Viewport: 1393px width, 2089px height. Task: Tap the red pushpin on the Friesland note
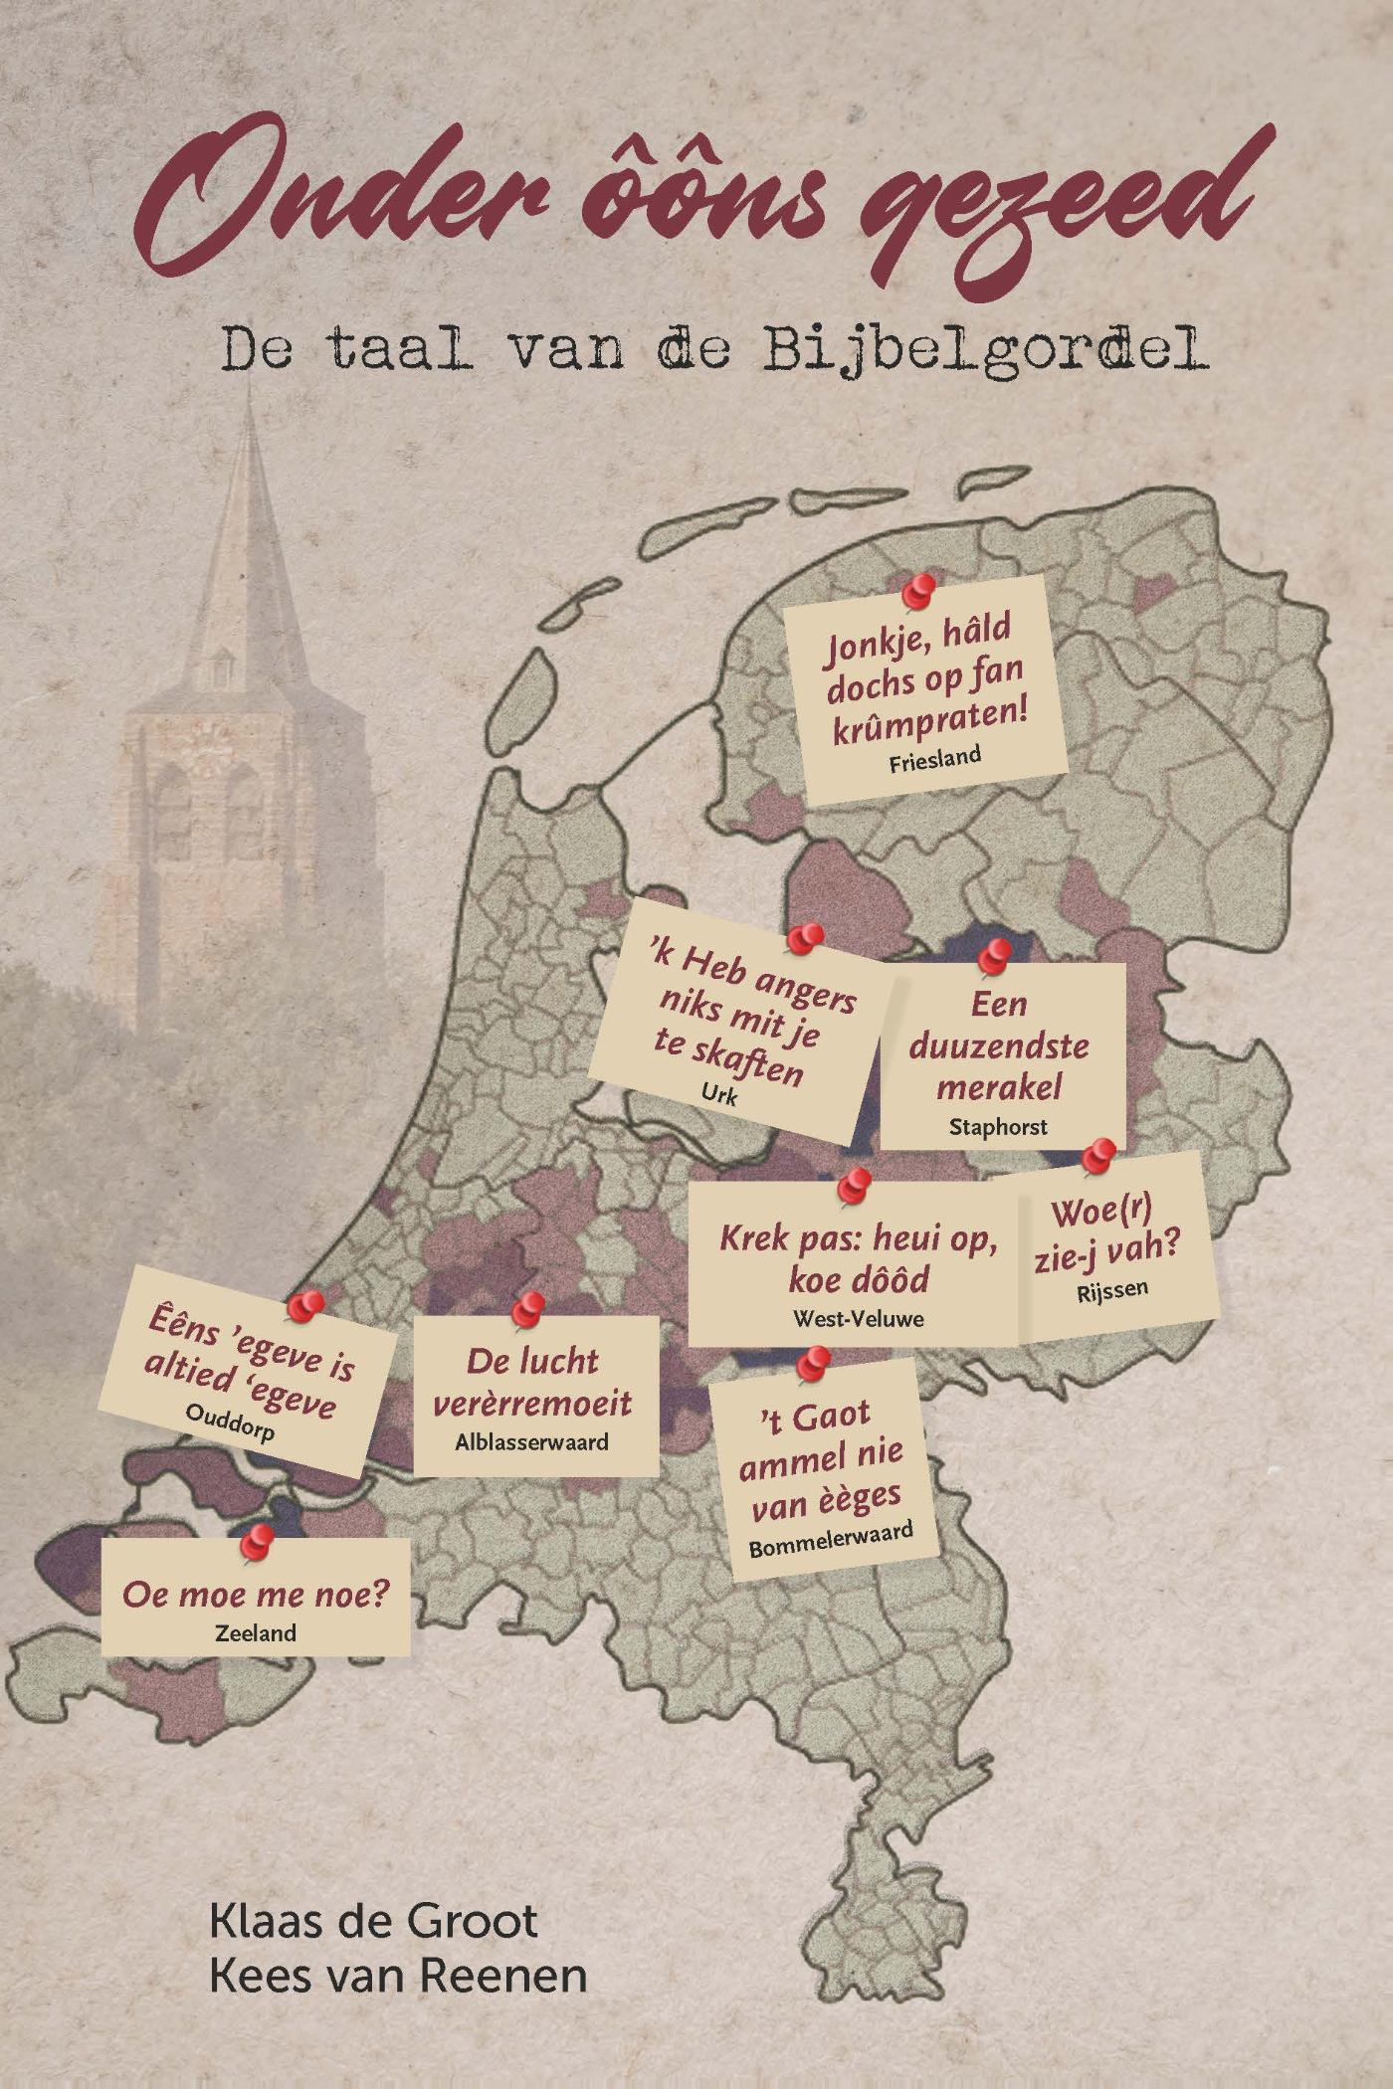click(x=919, y=589)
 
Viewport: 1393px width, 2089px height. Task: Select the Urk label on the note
click(x=718, y=1095)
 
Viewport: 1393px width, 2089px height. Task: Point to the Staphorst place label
click(x=998, y=1126)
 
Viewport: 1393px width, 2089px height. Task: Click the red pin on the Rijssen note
click(x=1098, y=1154)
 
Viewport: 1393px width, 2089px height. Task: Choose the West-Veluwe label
click(x=858, y=1318)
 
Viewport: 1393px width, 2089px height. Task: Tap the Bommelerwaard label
click(x=831, y=1541)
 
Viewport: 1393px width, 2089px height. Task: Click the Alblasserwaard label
click(x=531, y=1441)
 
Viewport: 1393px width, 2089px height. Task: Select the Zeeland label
click(x=256, y=1632)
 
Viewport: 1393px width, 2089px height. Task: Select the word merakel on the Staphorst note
click(x=998, y=1086)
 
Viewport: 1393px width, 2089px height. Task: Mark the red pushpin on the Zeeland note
click(x=258, y=1541)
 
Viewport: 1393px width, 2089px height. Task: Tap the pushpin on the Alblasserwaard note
click(x=528, y=1307)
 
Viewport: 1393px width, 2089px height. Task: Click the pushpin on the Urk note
click(x=805, y=937)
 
